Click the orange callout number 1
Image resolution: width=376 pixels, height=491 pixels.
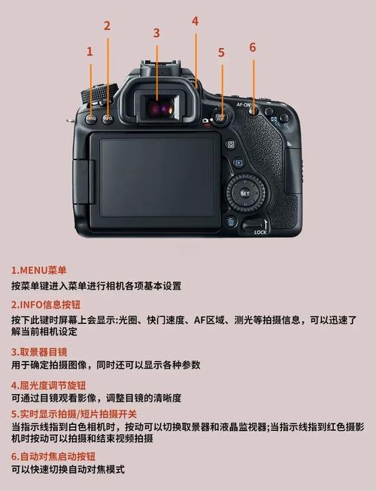(89, 51)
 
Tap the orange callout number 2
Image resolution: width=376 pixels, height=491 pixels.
(107, 26)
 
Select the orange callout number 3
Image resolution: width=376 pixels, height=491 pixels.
(156, 32)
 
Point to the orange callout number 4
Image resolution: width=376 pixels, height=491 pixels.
(195, 21)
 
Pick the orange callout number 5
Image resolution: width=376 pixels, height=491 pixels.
(221, 52)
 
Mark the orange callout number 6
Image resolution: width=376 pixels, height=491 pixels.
(253, 47)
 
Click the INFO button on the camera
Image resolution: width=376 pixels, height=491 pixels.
(108, 118)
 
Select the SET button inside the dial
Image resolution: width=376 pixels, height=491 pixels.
(245, 193)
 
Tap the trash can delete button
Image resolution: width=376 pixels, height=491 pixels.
(231, 221)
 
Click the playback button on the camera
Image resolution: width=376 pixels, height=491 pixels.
(238, 162)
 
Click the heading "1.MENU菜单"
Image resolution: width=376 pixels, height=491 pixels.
(39, 270)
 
